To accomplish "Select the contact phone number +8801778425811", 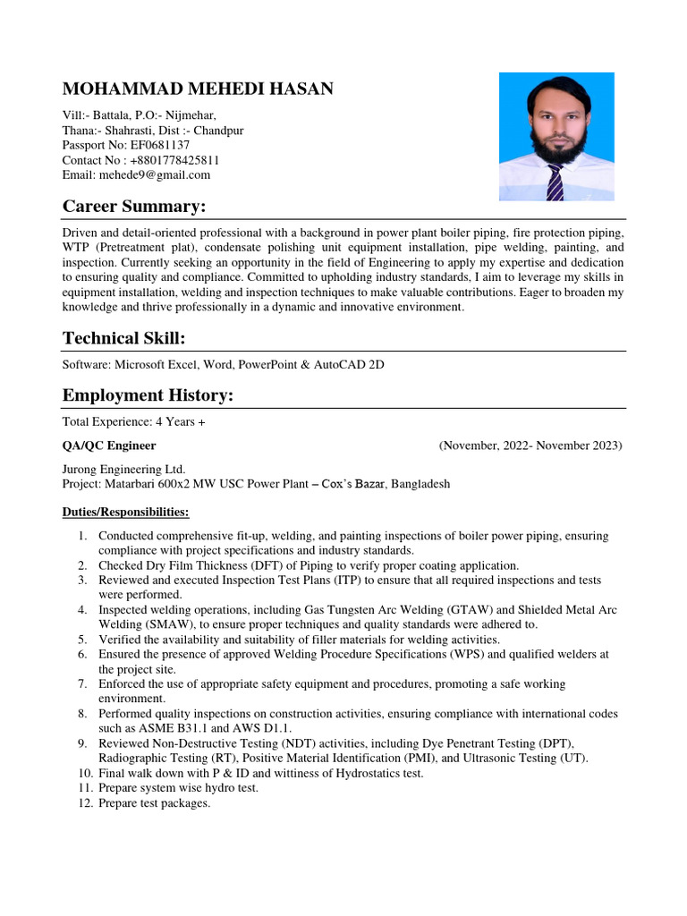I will coord(175,160).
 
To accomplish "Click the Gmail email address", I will coord(165,175).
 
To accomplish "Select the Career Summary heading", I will coord(133,207).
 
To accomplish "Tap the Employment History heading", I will coord(148,394).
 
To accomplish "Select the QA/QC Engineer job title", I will coord(109,445).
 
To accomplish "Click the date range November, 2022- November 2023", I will coord(530,445).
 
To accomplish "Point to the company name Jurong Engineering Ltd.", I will coord(123,469).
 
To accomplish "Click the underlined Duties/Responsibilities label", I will coord(125,512).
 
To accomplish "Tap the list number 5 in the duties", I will coord(81,640).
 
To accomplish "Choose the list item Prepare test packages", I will coord(155,803).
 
